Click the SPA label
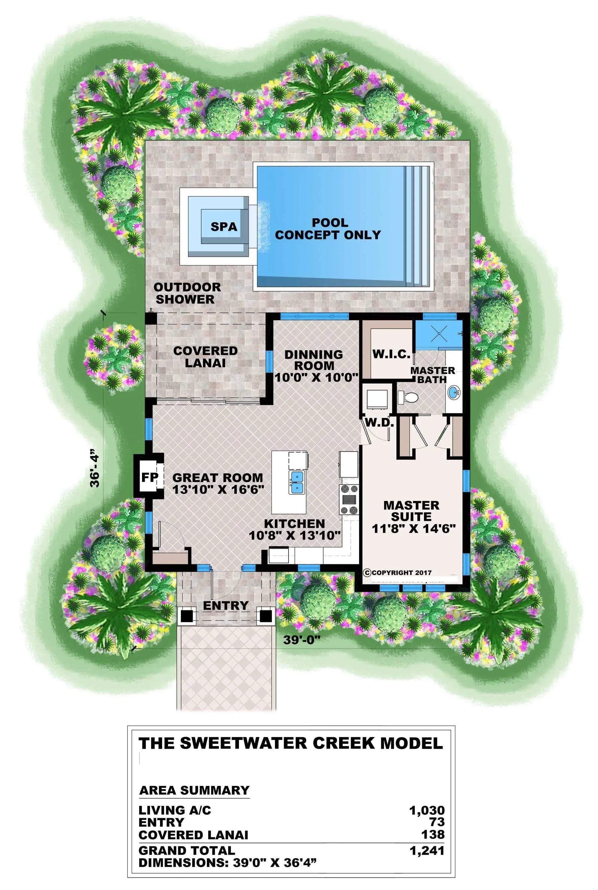tap(224, 227)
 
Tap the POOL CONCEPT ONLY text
tap(328, 229)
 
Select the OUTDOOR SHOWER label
tap(187, 293)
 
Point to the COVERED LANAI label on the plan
tap(205, 357)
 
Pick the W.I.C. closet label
tap(391, 354)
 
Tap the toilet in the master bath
tap(408, 397)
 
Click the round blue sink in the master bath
tap(454, 392)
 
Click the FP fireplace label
tap(149, 477)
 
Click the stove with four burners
tap(349, 500)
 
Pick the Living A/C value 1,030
tap(427, 810)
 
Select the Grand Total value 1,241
tap(427, 851)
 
